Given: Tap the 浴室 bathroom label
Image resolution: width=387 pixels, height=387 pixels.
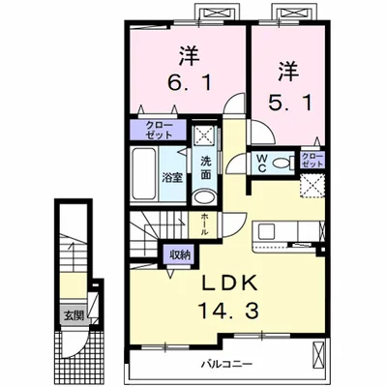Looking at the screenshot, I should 173,177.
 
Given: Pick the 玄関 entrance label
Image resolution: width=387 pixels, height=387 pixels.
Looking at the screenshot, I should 74,314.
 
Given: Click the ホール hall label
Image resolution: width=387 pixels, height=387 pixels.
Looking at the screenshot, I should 205,225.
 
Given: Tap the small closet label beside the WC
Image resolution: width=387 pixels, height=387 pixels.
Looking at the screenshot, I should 312,161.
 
